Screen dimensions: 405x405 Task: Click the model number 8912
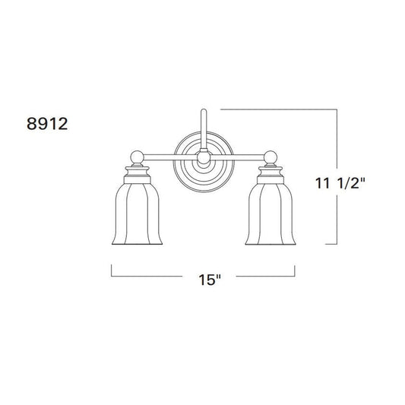coord(47,123)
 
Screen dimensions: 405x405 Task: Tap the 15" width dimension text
coord(210,280)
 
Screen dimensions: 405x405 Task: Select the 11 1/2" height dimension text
coord(340,183)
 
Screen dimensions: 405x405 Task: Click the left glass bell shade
coord(137,214)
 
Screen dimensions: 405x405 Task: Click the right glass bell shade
coord(271,214)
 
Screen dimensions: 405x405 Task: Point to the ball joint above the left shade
coord(137,157)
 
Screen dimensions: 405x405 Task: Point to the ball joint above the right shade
coord(271,157)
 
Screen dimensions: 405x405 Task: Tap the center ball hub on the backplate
coord(204,157)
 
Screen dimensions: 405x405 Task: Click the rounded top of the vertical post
coord(204,110)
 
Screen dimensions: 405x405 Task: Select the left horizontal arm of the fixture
coord(170,157)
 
